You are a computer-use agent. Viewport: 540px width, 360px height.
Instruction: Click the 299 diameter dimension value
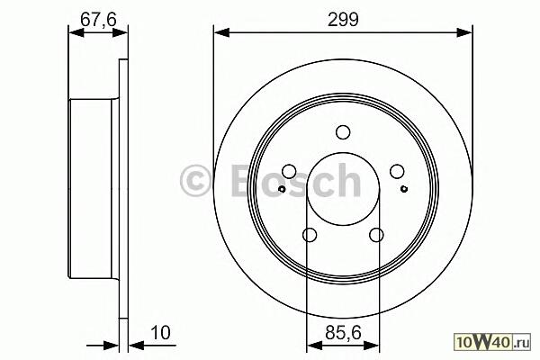[x=343, y=19]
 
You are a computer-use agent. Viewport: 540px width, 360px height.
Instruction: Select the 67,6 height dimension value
[x=98, y=19]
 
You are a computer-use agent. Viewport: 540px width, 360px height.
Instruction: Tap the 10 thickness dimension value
[x=160, y=333]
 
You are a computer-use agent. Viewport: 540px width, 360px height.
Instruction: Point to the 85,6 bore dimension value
[x=343, y=333]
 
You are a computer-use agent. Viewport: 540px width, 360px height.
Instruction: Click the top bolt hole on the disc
[x=343, y=132]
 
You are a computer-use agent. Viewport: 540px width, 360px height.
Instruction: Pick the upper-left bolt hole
[x=289, y=172]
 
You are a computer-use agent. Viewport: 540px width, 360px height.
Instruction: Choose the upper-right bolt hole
[x=397, y=172]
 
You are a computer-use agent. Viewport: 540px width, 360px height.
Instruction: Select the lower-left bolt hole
[x=310, y=235]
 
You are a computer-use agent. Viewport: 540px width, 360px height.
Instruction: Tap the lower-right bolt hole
[x=376, y=235]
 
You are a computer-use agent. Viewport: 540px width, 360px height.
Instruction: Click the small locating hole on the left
[x=282, y=189]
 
